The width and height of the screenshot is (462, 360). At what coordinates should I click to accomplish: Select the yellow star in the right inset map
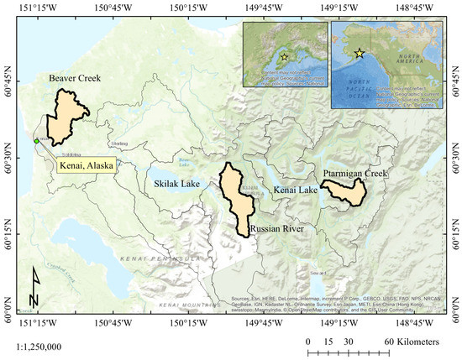360,53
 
